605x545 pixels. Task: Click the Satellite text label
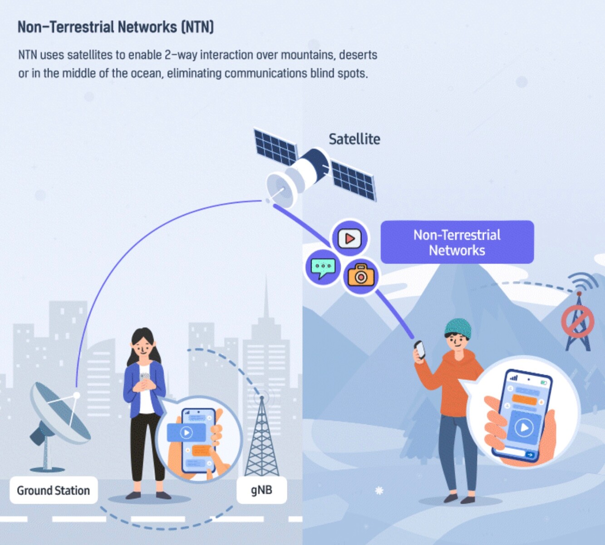(354, 139)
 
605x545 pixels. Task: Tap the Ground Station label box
(54, 490)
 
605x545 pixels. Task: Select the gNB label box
(261, 490)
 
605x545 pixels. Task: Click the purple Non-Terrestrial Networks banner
(457, 243)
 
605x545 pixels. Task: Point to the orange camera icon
(361, 275)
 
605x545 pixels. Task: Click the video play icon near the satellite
(349, 238)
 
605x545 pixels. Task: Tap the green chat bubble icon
(323, 268)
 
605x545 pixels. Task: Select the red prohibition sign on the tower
(577, 321)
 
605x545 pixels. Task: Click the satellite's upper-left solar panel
(275, 147)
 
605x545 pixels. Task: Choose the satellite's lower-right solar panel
(354, 180)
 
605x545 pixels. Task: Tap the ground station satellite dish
(59, 413)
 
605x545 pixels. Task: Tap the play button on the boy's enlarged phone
(524, 427)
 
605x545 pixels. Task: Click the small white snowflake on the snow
(379, 490)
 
